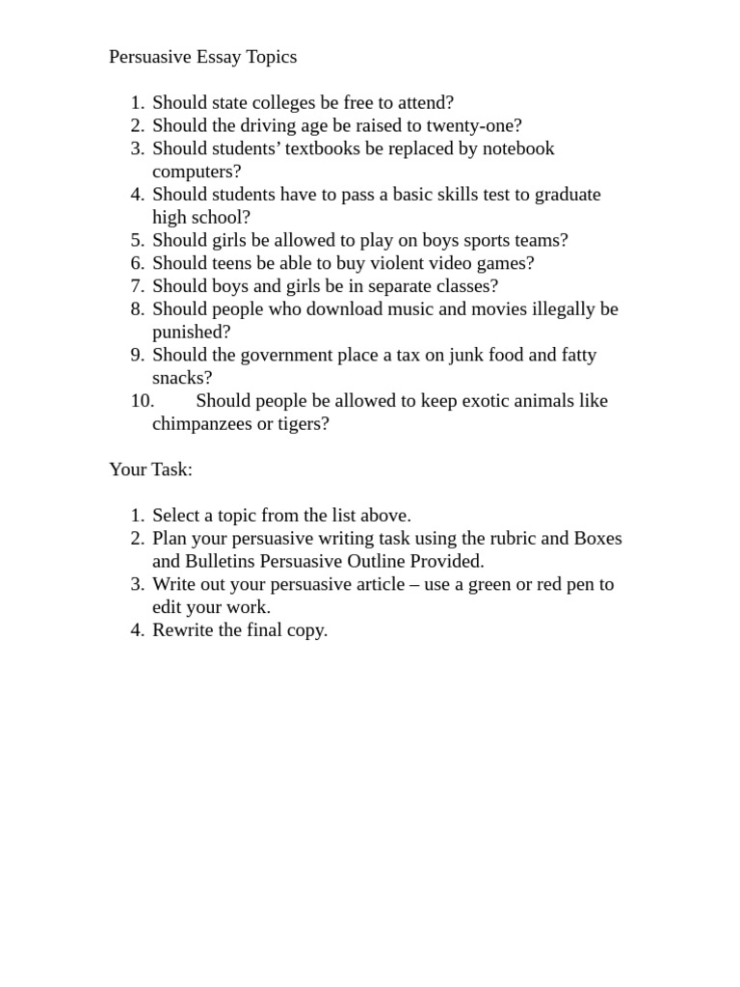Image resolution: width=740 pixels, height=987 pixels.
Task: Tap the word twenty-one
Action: (474, 125)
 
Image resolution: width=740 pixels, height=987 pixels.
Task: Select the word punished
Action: (189, 333)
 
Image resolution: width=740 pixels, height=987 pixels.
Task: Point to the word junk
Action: (466, 355)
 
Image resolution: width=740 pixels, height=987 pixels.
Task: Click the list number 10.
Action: (142, 401)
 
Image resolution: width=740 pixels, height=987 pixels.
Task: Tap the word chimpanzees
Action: (201, 424)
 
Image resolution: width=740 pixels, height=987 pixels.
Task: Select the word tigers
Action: (301, 424)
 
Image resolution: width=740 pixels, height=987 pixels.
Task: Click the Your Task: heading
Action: (150, 469)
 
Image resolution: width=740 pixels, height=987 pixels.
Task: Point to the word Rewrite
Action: (183, 630)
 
